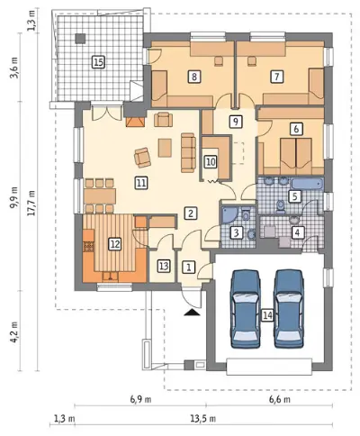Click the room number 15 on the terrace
pos(98,62)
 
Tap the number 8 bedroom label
pos(194,77)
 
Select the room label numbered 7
pos(276,77)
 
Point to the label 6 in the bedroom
pos(296,129)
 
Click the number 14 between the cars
pos(267,315)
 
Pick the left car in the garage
pos(245,309)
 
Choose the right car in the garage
pos(289,309)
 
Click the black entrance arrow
pos(192,313)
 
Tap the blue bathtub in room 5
pos(308,184)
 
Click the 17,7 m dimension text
pos(32,203)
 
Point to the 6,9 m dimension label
pos(140,400)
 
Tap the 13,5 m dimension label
pos(202,418)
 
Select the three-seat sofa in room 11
pos(188,153)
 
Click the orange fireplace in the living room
pos(135,122)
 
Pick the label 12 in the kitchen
pos(115,243)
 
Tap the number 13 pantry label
pos(164,266)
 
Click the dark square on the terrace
pos(80,39)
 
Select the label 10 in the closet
pos(211,162)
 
